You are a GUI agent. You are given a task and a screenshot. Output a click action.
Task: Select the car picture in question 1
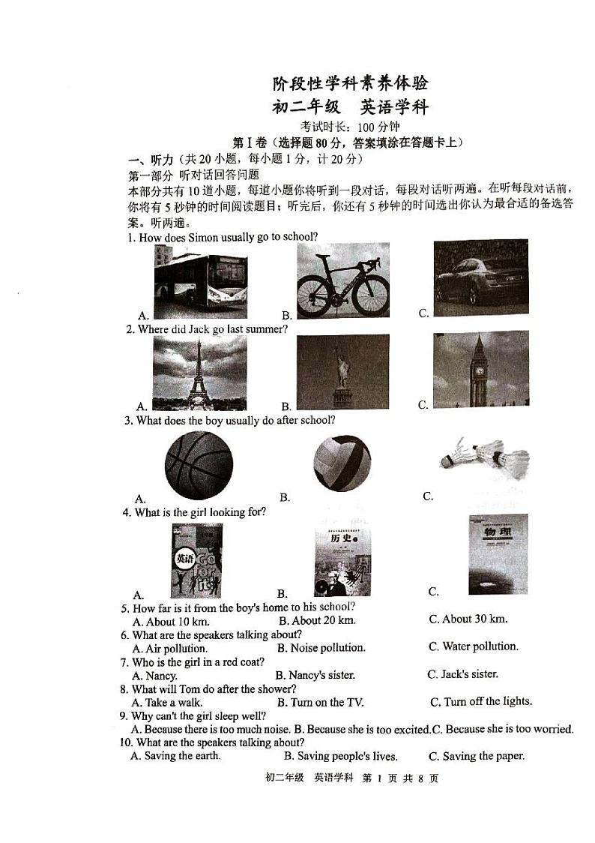pos(480,277)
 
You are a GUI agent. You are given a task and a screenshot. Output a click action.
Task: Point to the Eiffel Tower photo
pos(199,372)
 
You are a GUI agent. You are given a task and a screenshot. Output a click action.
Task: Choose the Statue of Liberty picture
pos(342,371)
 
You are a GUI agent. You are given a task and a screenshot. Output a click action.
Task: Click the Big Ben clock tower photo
pos(480,368)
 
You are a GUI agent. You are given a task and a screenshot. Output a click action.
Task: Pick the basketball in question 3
pos(199,466)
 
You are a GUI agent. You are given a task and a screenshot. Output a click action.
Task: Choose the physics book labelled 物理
pos(498,553)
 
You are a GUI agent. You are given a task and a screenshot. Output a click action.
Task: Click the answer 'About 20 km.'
pos(318,620)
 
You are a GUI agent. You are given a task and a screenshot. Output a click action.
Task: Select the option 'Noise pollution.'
pos(321,648)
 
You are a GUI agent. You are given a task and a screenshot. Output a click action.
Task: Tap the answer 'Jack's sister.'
pos(462,674)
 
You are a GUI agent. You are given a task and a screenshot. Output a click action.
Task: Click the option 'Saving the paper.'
pos(477,756)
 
